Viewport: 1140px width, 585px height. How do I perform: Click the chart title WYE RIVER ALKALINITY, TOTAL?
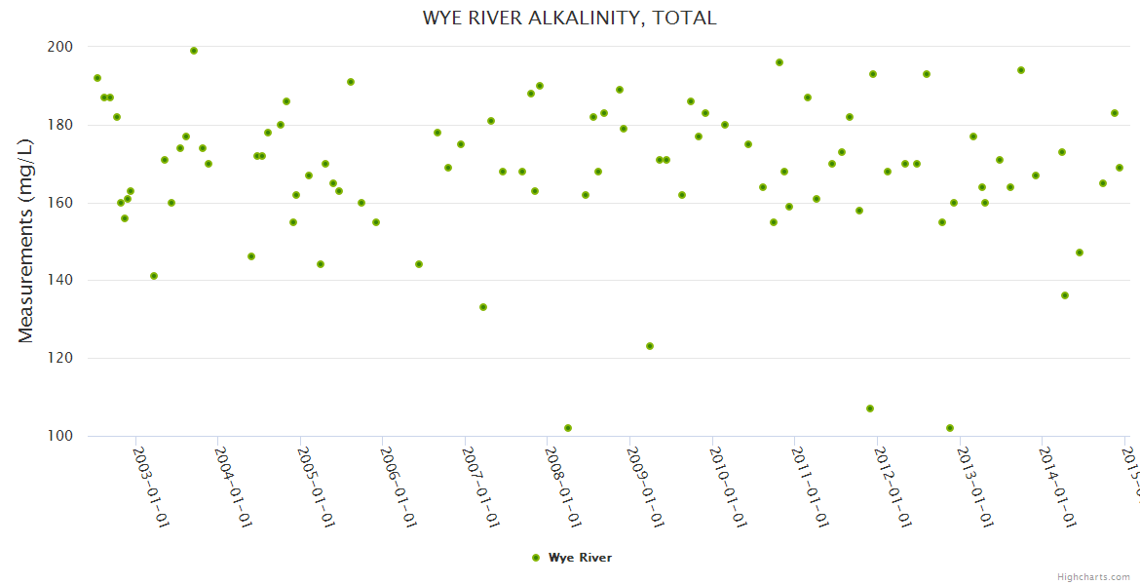pyautogui.click(x=570, y=18)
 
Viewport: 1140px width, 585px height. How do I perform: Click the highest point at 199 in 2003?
pyautogui.click(x=194, y=51)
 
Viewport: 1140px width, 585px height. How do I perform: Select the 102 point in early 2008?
pyautogui.click(x=568, y=428)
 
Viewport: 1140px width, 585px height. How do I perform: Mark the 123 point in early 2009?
pyautogui.click(x=650, y=346)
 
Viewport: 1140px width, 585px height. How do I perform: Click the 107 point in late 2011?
pyautogui.click(x=870, y=409)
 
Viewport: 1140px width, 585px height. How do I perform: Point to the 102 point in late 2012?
pyautogui.click(x=950, y=428)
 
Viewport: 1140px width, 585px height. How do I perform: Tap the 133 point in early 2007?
pyautogui.click(x=483, y=307)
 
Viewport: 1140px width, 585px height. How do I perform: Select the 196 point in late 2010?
pyautogui.click(x=779, y=62)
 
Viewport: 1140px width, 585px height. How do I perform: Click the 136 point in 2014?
pyautogui.click(x=1065, y=295)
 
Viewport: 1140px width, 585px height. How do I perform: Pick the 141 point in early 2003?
pyautogui.click(x=154, y=276)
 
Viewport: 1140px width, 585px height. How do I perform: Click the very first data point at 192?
pyautogui.click(x=97, y=78)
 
